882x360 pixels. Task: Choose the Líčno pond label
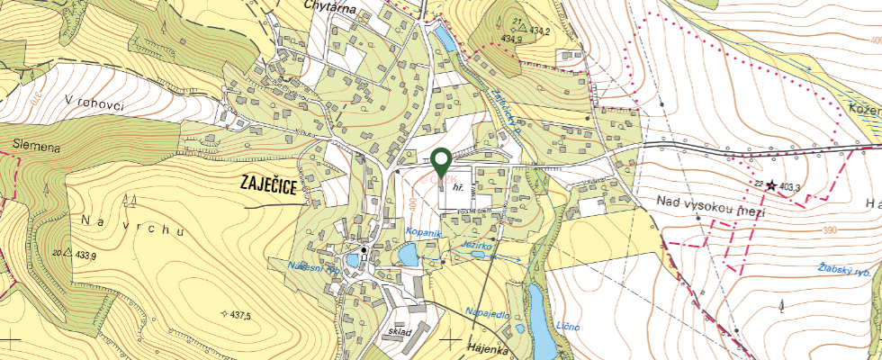[x=568, y=325]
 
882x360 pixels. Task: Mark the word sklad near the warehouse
[x=401, y=332]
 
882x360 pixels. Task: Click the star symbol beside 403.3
[x=770, y=185]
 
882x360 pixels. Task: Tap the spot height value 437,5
[x=240, y=315]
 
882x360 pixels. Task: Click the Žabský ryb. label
[x=849, y=269]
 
